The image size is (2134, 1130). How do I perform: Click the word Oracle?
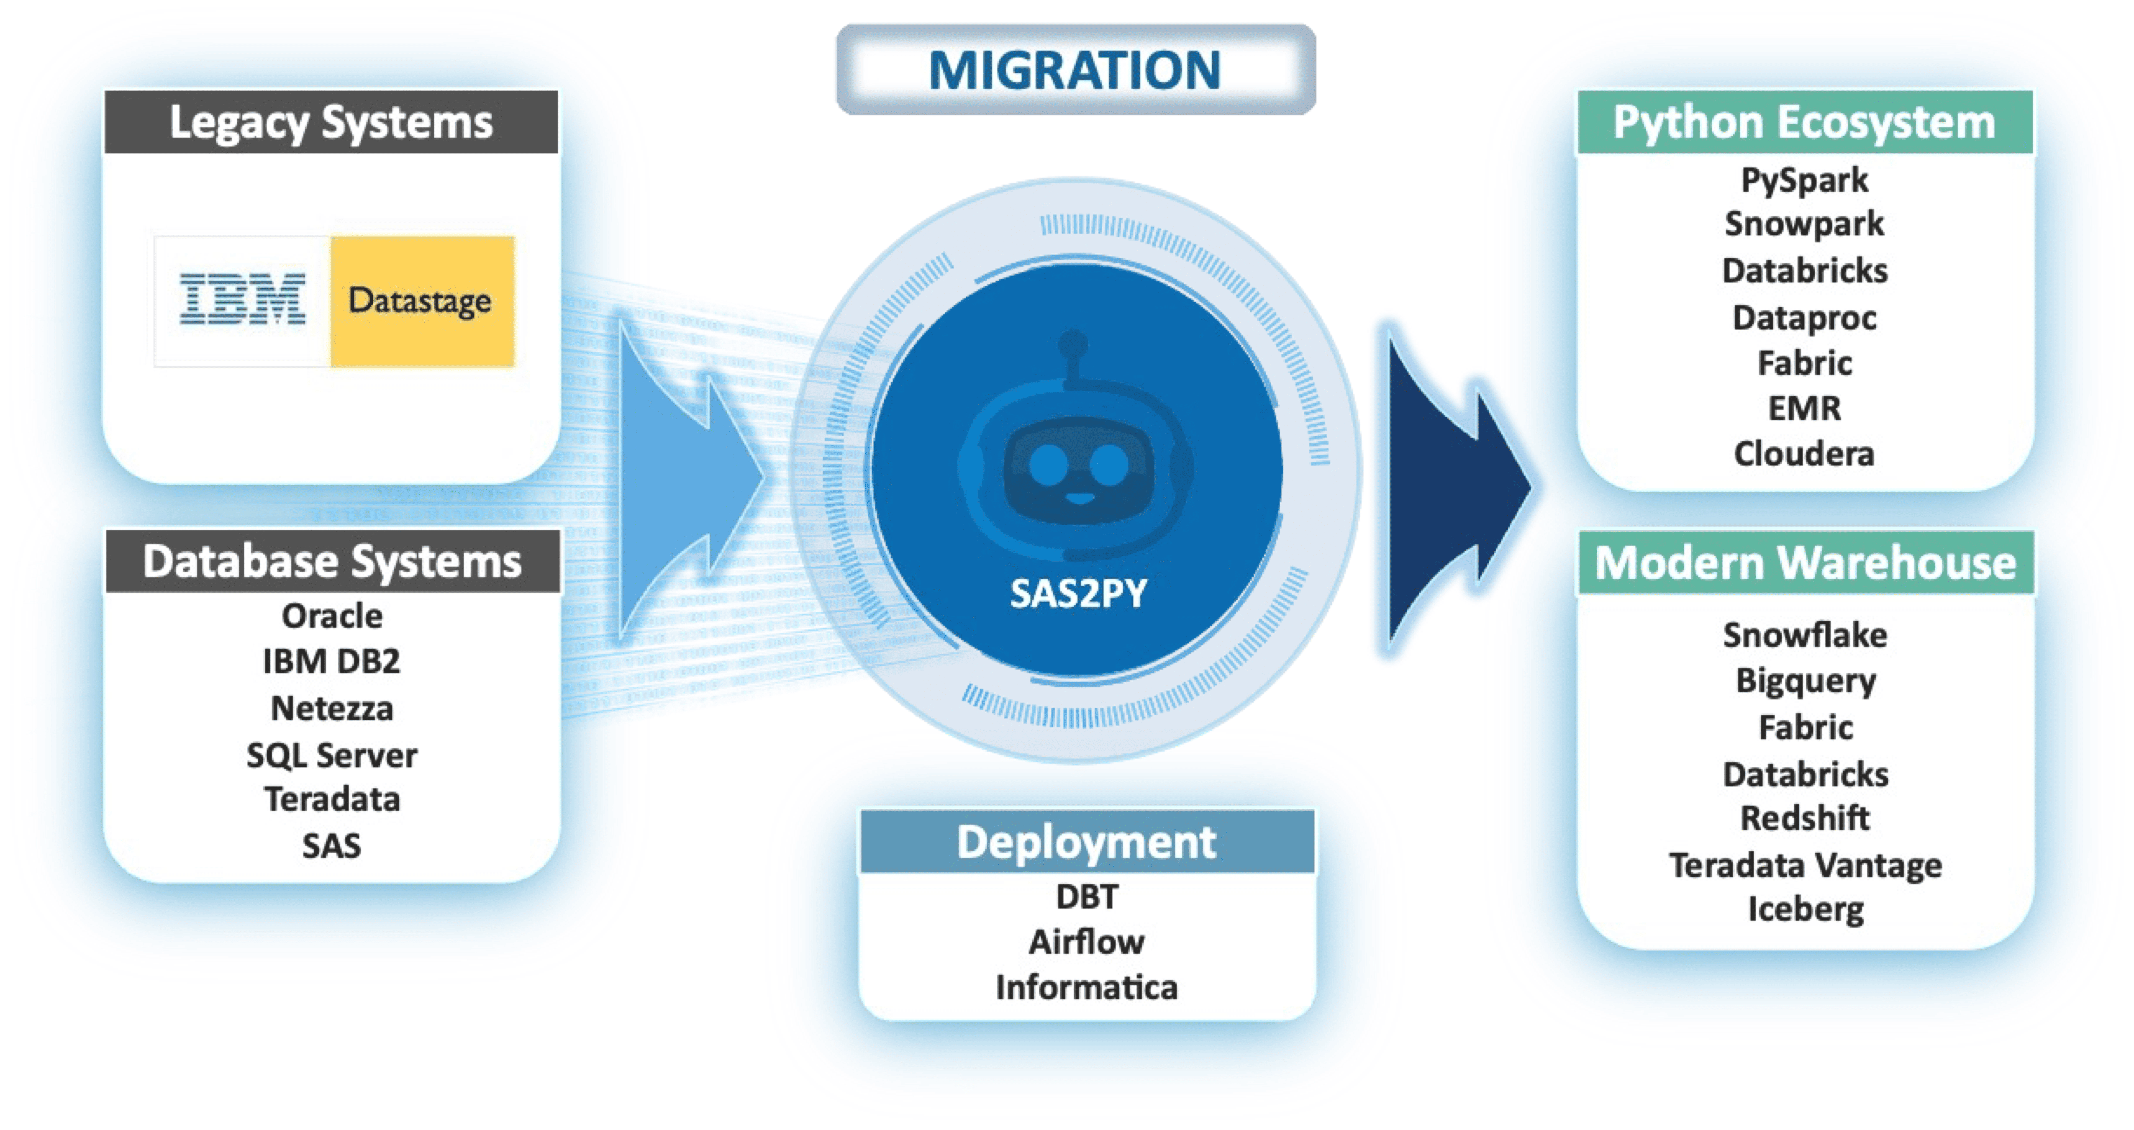332,616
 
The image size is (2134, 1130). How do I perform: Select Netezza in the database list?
332,708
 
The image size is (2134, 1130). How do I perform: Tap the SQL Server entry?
332,755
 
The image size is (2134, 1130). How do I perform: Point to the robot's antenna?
1074,356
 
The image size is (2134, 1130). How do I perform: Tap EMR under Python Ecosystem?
1804,408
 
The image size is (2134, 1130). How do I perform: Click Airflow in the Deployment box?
1087,942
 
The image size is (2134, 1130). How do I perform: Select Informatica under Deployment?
1087,988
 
